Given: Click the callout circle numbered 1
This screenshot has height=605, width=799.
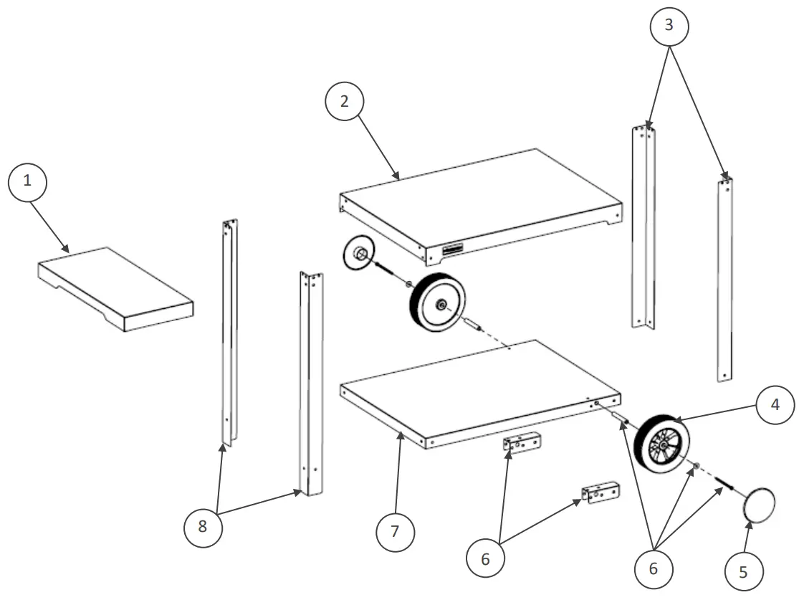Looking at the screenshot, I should (x=27, y=181).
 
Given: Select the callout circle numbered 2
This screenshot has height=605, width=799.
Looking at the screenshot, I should (x=345, y=102).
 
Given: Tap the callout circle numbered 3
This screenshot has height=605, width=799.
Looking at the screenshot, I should (x=669, y=26).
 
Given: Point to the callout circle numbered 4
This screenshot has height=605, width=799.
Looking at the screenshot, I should (x=775, y=406).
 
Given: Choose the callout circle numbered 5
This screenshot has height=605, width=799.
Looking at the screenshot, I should (x=742, y=571).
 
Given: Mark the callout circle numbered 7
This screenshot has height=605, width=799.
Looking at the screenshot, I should (x=396, y=533).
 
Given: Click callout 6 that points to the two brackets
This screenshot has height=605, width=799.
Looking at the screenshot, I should (x=485, y=558).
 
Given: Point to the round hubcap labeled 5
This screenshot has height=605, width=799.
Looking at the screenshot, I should (x=760, y=505).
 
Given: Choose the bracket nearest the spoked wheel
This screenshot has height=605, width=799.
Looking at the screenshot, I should (x=601, y=493).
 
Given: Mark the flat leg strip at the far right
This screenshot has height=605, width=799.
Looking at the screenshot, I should (x=725, y=280).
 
